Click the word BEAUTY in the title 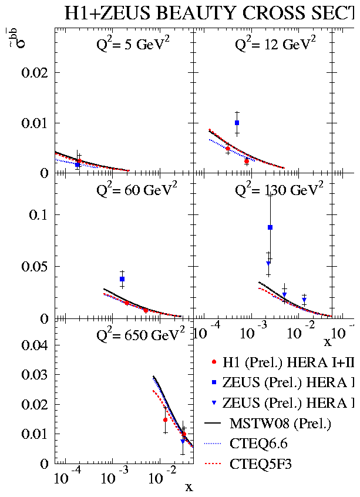(x=190, y=13)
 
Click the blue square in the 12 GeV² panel (x=237, y=123)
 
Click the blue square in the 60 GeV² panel (x=122, y=279)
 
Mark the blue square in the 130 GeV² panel (x=270, y=227)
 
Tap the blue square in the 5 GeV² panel (x=78, y=165)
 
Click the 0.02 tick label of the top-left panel (x=34, y=73)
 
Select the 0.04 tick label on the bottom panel (x=34, y=345)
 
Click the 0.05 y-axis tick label (x=34, y=267)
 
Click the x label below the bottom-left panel (x=189, y=487)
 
